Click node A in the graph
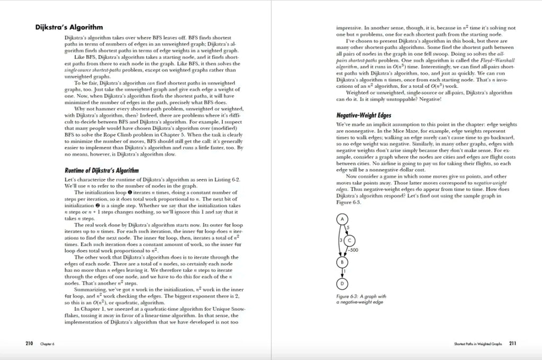coord(342,219)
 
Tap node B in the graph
coord(342,262)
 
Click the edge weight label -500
coord(353,250)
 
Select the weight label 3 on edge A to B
coord(339,240)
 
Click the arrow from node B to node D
coord(342,272)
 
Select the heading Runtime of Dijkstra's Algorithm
coord(102,170)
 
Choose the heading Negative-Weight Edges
coord(364,114)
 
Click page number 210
coord(30,343)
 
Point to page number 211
coord(512,343)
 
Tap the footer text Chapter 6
coord(47,344)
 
